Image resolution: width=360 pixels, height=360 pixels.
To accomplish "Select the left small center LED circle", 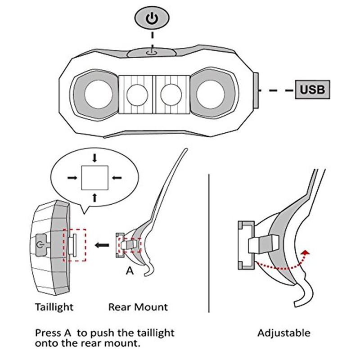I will [x=137, y=94].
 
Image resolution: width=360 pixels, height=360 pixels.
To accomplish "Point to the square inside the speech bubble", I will [x=94, y=178].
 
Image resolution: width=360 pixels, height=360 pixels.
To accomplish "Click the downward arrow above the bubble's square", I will [x=94, y=158].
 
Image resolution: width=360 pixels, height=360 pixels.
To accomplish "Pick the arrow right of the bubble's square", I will [x=117, y=178].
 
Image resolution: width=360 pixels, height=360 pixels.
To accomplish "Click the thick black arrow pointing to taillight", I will [x=102, y=245].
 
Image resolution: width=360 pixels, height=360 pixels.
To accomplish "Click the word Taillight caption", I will [x=54, y=307].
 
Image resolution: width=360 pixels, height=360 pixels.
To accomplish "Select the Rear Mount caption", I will [x=138, y=307].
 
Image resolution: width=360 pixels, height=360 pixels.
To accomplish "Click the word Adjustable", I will [x=284, y=333].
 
